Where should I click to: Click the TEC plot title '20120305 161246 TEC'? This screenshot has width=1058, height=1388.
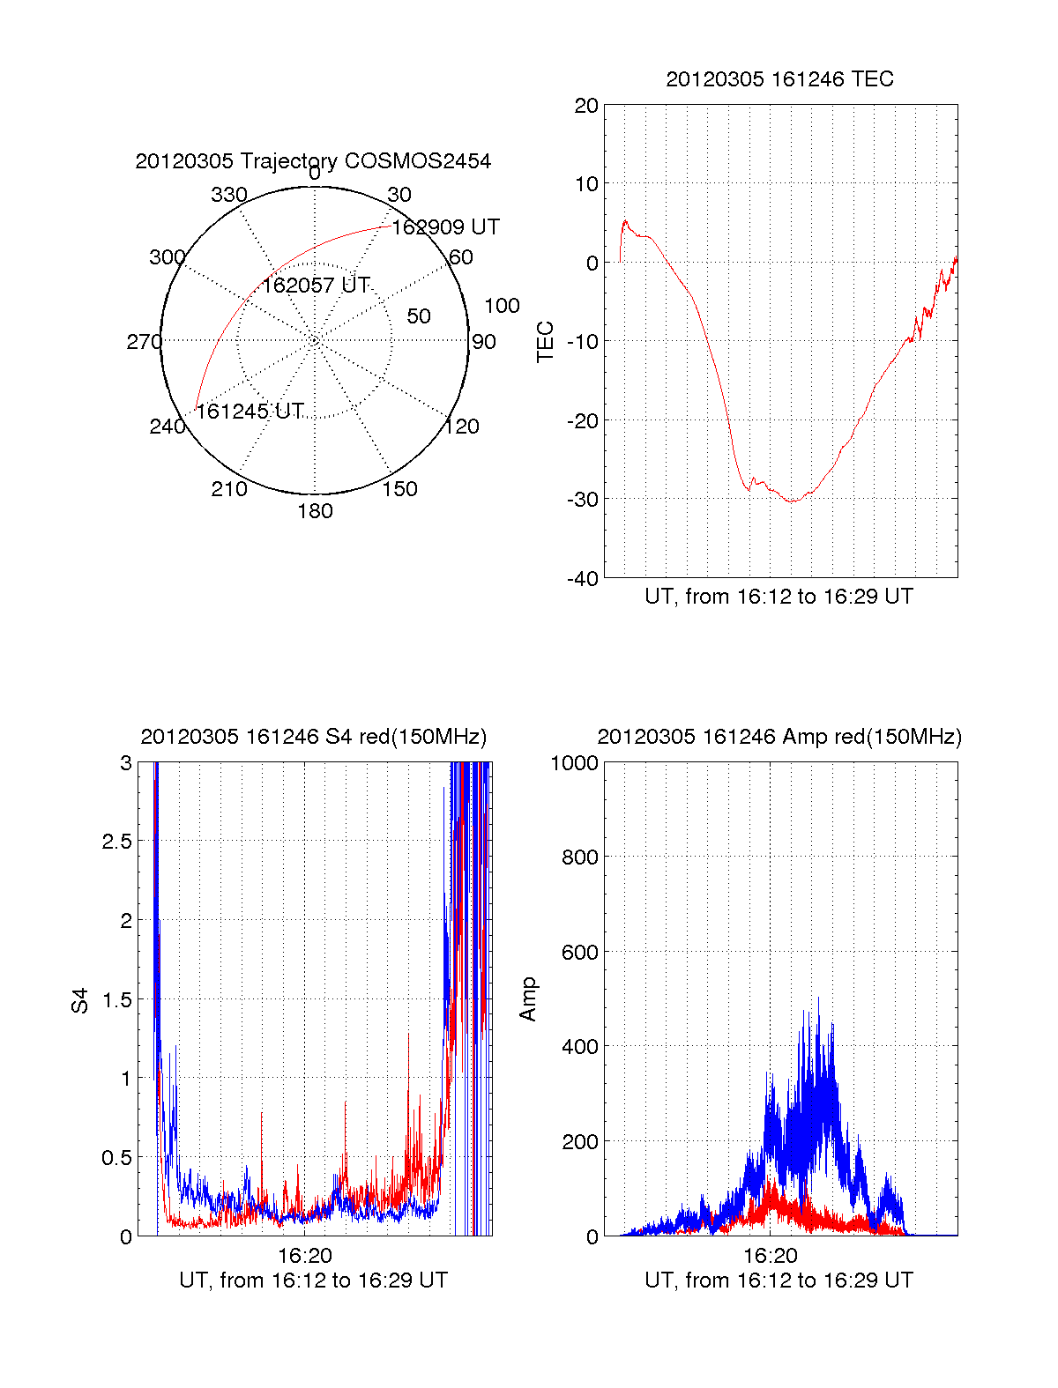(779, 79)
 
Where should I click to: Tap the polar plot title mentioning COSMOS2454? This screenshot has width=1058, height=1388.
(313, 161)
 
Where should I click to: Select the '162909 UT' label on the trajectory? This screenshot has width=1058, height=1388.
(445, 227)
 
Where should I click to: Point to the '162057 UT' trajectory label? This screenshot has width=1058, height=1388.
(316, 286)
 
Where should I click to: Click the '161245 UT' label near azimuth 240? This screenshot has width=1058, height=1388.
(250, 412)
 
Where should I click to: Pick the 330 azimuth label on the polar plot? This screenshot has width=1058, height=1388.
(228, 195)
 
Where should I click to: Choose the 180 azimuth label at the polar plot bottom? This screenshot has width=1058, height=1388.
(315, 511)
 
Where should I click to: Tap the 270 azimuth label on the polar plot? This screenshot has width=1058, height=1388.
(144, 342)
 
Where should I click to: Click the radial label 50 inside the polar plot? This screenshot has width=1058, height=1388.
(419, 316)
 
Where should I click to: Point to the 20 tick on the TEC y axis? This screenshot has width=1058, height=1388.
(586, 106)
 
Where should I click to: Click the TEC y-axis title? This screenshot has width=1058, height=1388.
(546, 342)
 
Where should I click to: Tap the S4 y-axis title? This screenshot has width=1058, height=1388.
(80, 1000)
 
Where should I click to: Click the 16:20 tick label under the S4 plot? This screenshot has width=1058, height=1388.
(305, 1255)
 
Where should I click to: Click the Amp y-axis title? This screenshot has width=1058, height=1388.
(528, 999)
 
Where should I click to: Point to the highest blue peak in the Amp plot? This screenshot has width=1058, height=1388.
(818, 998)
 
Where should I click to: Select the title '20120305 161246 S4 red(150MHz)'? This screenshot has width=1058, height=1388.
(313, 737)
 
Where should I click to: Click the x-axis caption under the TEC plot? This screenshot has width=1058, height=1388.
(779, 597)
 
